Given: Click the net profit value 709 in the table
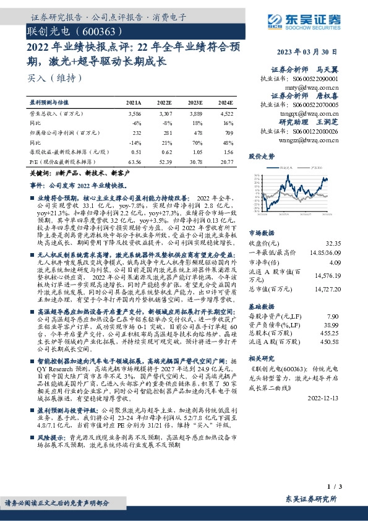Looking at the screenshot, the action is point(229,133).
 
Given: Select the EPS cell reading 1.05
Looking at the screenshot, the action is point(197,152).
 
